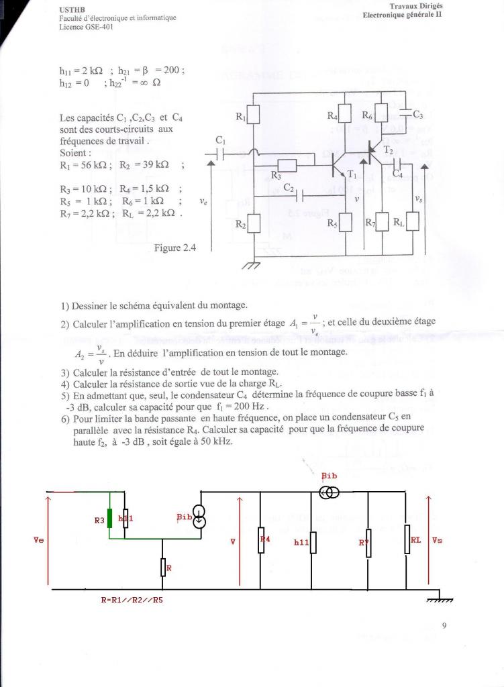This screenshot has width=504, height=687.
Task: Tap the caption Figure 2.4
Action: click(174, 248)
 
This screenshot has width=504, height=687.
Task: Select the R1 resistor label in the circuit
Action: click(242, 117)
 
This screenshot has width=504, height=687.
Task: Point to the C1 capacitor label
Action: click(221, 141)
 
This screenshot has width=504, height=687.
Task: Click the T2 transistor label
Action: click(389, 151)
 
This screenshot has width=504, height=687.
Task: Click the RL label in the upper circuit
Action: click(399, 222)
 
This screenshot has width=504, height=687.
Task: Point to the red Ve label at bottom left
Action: click(40, 539)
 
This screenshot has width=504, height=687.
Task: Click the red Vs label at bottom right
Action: click(437, 539)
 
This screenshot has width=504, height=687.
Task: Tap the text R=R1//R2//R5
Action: click(132, 600)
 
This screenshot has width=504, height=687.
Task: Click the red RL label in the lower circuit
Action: click(415, 539)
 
